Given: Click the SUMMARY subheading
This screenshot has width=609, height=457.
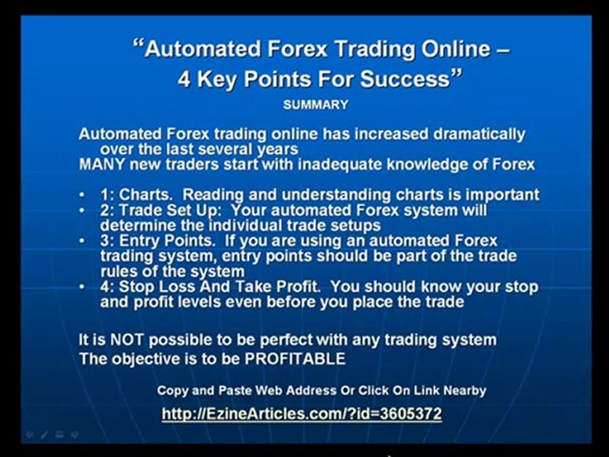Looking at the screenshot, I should click(315, 105).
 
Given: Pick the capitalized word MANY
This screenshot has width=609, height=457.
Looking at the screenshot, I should click(99, 165).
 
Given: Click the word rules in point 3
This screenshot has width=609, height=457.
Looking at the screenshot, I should click(118, 272).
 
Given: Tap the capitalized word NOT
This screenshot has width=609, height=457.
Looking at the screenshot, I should click(127, 340).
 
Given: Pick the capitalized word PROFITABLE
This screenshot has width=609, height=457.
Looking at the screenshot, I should click(296, 359).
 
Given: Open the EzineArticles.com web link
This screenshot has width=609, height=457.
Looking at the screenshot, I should click(301, 414).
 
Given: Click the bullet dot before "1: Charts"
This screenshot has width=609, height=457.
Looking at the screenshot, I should click(82, 195).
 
